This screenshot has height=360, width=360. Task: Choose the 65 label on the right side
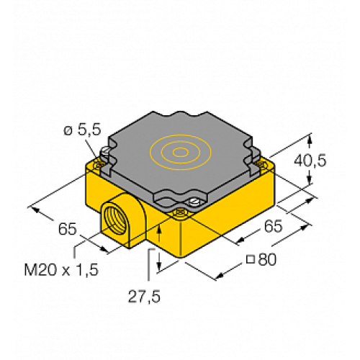(x=271, y=225)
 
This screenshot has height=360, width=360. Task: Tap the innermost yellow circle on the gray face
(x=178, y=152)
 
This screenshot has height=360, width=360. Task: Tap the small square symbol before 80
(x=250, y=261)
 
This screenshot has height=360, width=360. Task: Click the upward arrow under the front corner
(x=158, y=230)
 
